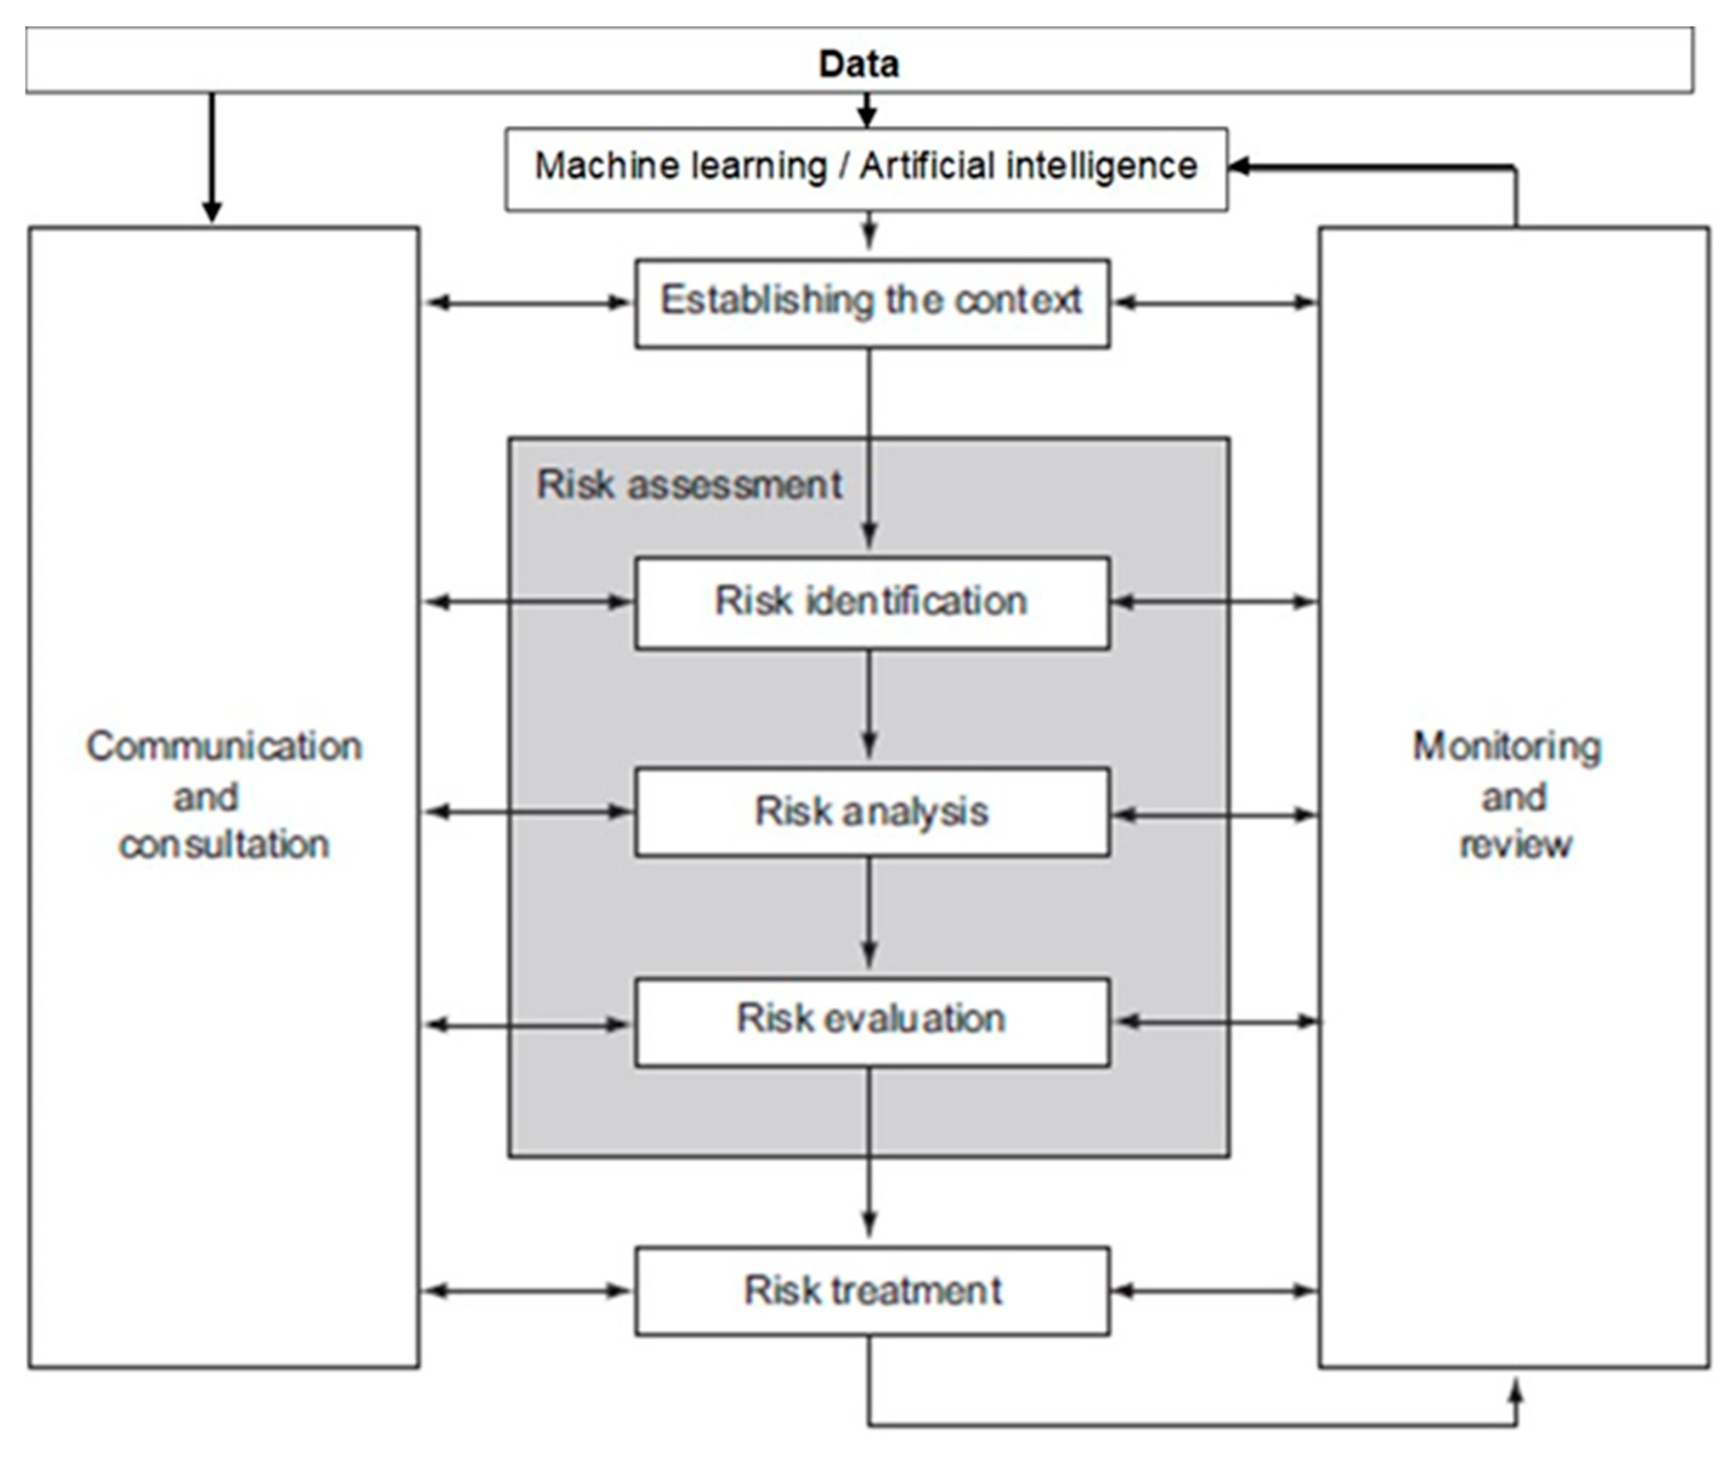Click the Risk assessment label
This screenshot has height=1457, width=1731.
pos(688,484)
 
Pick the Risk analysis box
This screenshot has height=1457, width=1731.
pos(871,811)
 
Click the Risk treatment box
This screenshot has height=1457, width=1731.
pos(871,1290)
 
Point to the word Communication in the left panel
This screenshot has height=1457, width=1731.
pos(224,746)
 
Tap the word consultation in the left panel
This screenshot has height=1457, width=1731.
pos(224,844)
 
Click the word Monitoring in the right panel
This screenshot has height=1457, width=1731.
pos(1506,746)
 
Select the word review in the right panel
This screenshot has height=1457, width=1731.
pos(1515,844)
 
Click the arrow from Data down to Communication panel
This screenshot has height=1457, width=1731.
pos(213,157)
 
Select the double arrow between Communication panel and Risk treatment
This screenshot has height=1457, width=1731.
pos(527,1290)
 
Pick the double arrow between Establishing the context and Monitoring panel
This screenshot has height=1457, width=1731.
pos(1215,302)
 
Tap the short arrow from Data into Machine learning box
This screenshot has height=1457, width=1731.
pos(866,110)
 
